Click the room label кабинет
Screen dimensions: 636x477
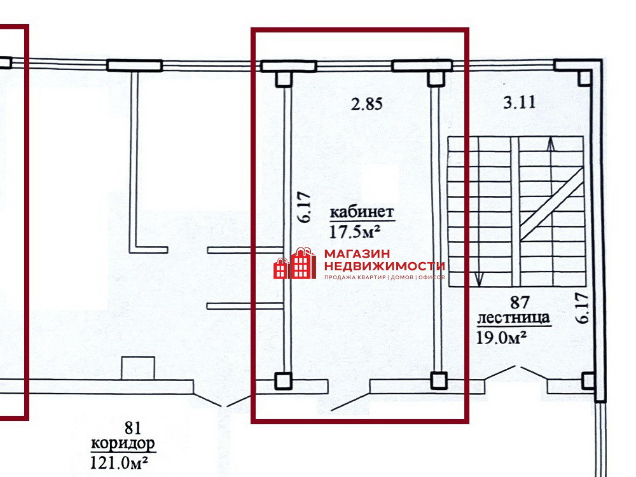362,212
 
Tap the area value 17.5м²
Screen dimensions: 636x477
354,232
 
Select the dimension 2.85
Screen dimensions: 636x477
367,104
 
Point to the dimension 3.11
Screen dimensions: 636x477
520,102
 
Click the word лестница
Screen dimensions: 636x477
513,317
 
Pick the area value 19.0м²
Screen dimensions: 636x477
501,336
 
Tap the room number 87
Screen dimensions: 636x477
520,302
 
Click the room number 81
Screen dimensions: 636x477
133,427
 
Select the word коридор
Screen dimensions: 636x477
123,444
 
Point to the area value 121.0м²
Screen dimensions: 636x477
118,462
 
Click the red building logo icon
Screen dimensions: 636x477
295,263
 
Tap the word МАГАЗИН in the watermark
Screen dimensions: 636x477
357,254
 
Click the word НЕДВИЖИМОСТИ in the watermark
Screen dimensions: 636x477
385,266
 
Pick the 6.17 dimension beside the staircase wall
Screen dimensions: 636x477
583,308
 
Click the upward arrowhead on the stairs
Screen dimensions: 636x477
550,144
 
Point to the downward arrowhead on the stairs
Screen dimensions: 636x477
479,279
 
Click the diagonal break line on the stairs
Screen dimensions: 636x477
551,204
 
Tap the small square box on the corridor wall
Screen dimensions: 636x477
138,368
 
